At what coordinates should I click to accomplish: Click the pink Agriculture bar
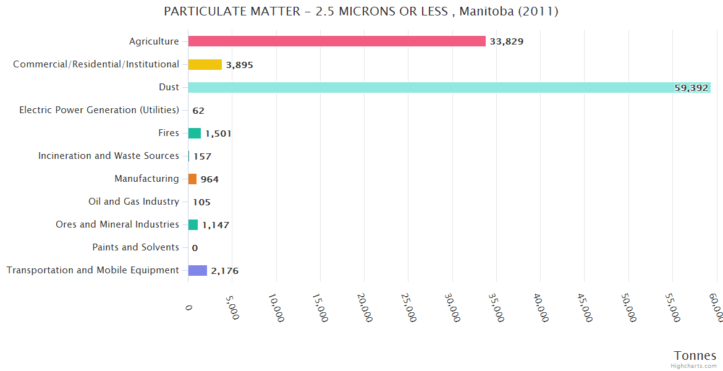337,41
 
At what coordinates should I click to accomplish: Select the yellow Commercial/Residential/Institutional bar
205,64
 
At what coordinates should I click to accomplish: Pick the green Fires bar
195,133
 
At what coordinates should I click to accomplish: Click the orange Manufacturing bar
192,179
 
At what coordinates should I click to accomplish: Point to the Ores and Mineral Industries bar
193,224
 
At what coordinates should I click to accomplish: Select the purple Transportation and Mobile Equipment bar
198,270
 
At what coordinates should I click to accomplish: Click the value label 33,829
506,41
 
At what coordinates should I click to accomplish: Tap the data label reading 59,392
691,88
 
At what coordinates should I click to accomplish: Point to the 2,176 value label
224,271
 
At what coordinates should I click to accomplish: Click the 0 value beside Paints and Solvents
195,248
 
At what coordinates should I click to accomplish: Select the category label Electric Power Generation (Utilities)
99,110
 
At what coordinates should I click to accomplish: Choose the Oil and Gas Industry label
134,202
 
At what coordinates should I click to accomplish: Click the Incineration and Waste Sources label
109,156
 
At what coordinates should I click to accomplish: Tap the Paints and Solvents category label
135,247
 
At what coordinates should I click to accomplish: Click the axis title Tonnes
695,356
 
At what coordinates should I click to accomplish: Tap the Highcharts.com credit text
694,366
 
